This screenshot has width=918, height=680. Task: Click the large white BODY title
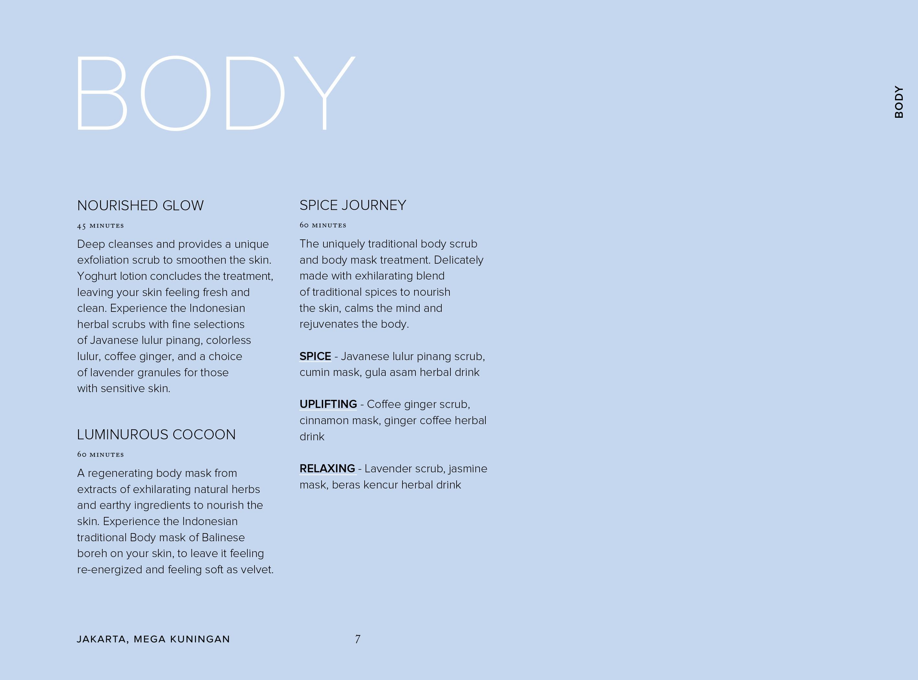215,93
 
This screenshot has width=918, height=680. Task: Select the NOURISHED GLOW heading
140,205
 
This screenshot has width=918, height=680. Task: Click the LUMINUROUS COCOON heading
156,435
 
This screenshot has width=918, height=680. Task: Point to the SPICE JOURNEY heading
353,205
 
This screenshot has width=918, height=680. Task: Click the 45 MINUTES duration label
100,225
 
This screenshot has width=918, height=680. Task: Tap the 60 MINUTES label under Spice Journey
323,225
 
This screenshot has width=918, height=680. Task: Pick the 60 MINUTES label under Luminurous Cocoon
100,455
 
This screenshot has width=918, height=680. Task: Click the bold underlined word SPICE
315,356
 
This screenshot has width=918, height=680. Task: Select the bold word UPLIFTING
328,404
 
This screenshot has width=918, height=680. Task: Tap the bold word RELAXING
327,468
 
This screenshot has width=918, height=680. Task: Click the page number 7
357,639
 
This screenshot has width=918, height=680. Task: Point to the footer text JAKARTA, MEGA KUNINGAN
153,639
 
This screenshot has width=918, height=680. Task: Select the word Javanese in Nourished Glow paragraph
114,340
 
